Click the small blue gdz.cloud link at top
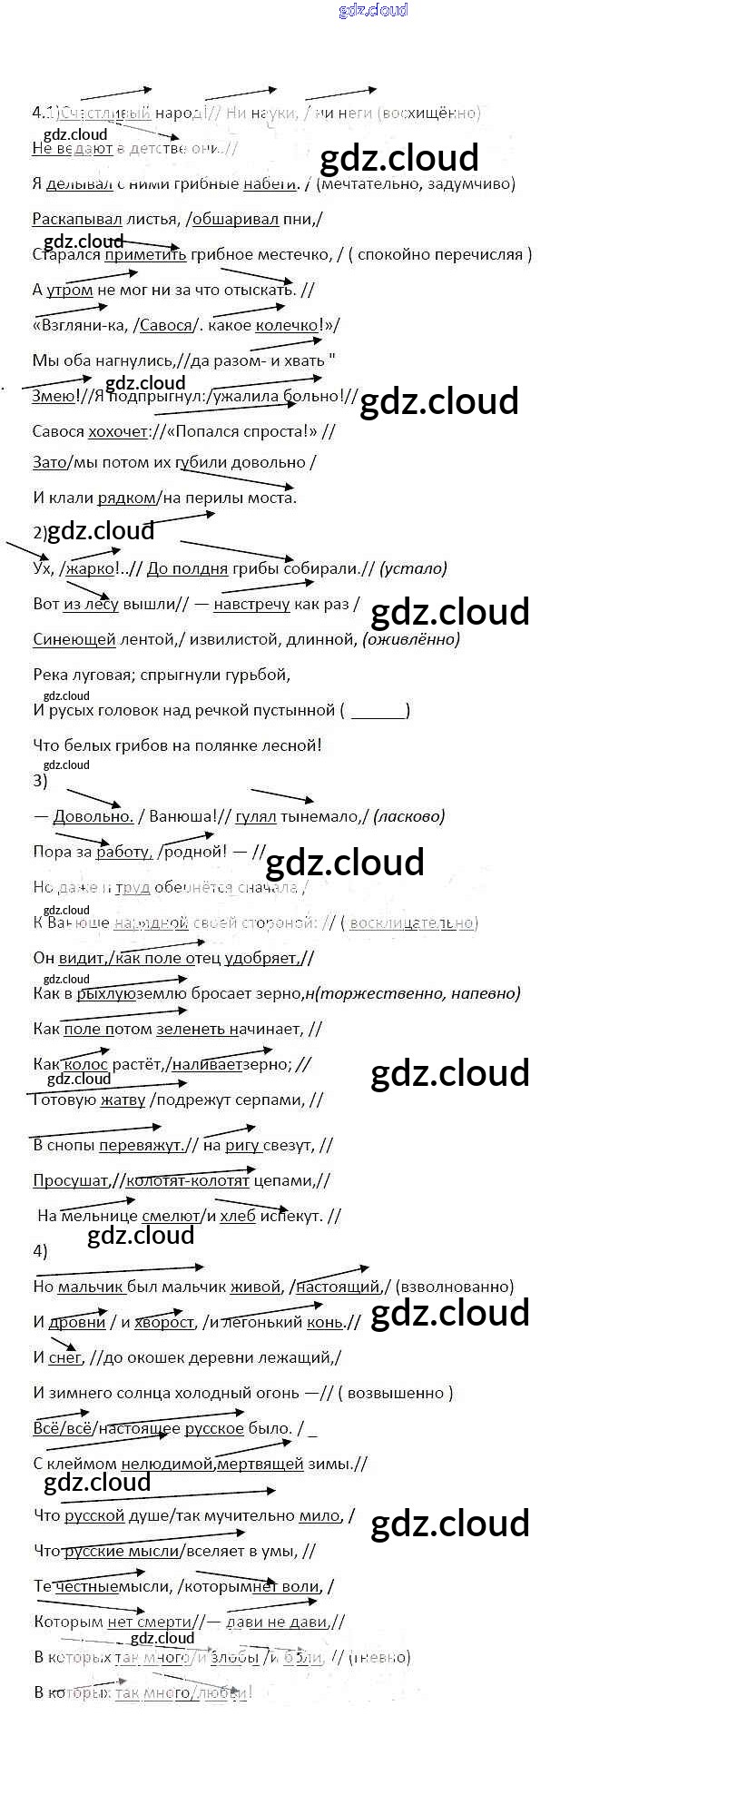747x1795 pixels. [x=373, y=10]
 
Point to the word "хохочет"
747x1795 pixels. [x=117, y=431]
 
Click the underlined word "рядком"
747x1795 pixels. [x=126, y=497]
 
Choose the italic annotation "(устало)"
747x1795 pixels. [x=414, y=568]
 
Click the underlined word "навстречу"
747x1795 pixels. [x=251, y=604]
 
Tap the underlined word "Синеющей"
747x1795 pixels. [x=74, y=639]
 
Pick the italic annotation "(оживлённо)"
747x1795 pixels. [x=411, y=639]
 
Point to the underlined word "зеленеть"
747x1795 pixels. [x=190, y=1029]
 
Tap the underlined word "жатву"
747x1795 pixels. [x=122, y=1100]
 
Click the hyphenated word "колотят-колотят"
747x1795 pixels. [x=187, y=1180]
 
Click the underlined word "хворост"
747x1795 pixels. [x=164, y=1322]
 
